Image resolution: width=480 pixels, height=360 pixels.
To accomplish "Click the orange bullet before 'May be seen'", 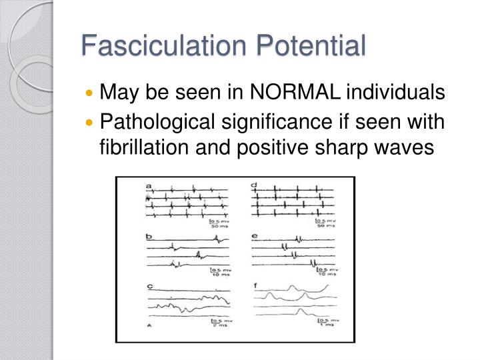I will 91,93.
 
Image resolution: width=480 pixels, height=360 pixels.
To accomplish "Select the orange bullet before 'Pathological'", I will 91,122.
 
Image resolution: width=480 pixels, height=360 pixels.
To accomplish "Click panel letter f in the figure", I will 256,287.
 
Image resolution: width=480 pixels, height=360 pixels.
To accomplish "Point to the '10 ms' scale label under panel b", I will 218,274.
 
